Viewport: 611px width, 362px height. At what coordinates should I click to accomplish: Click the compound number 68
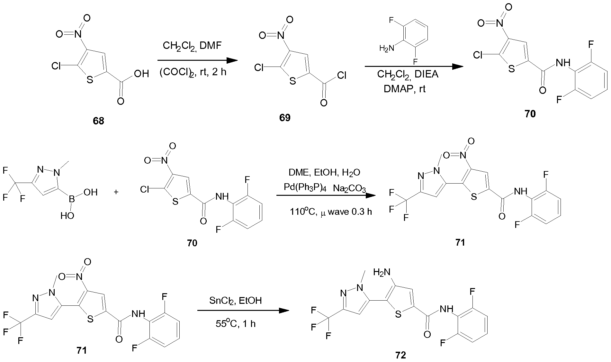pos(99,121)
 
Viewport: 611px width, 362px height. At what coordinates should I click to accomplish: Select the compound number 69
pos(285,118)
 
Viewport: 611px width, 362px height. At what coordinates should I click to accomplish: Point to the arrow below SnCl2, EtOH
pos(242,311)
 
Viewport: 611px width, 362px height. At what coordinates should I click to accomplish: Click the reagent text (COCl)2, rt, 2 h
pos(193,72)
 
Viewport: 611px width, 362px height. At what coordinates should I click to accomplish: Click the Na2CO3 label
pos(350,188)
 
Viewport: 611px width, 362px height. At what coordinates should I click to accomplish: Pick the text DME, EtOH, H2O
pos(324,173)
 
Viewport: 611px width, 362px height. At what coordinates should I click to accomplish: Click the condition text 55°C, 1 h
pos(236,324)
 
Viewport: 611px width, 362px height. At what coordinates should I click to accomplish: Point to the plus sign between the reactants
pos(116,192)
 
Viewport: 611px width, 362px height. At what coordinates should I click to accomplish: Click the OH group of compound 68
pos(141,74)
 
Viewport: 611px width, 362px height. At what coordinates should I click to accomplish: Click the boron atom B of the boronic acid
pos(72,200)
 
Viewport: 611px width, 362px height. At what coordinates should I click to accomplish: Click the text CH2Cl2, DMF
pos(192,46)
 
